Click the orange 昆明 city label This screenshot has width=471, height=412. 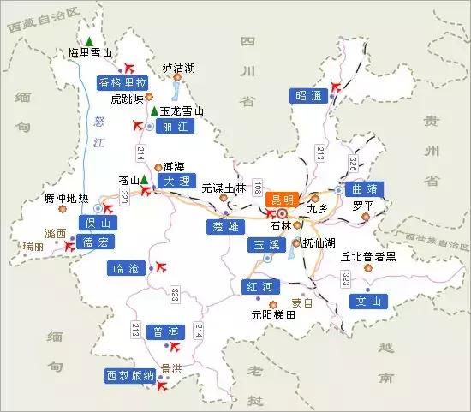pos(279,199)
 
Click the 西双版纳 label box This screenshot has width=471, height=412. pos(129,375)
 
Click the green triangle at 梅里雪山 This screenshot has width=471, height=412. pos(89,40)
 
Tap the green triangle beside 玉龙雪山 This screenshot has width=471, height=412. pos(153,110)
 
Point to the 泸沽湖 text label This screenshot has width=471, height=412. pos(178,66)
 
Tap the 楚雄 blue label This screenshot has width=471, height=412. pos(220,226)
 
